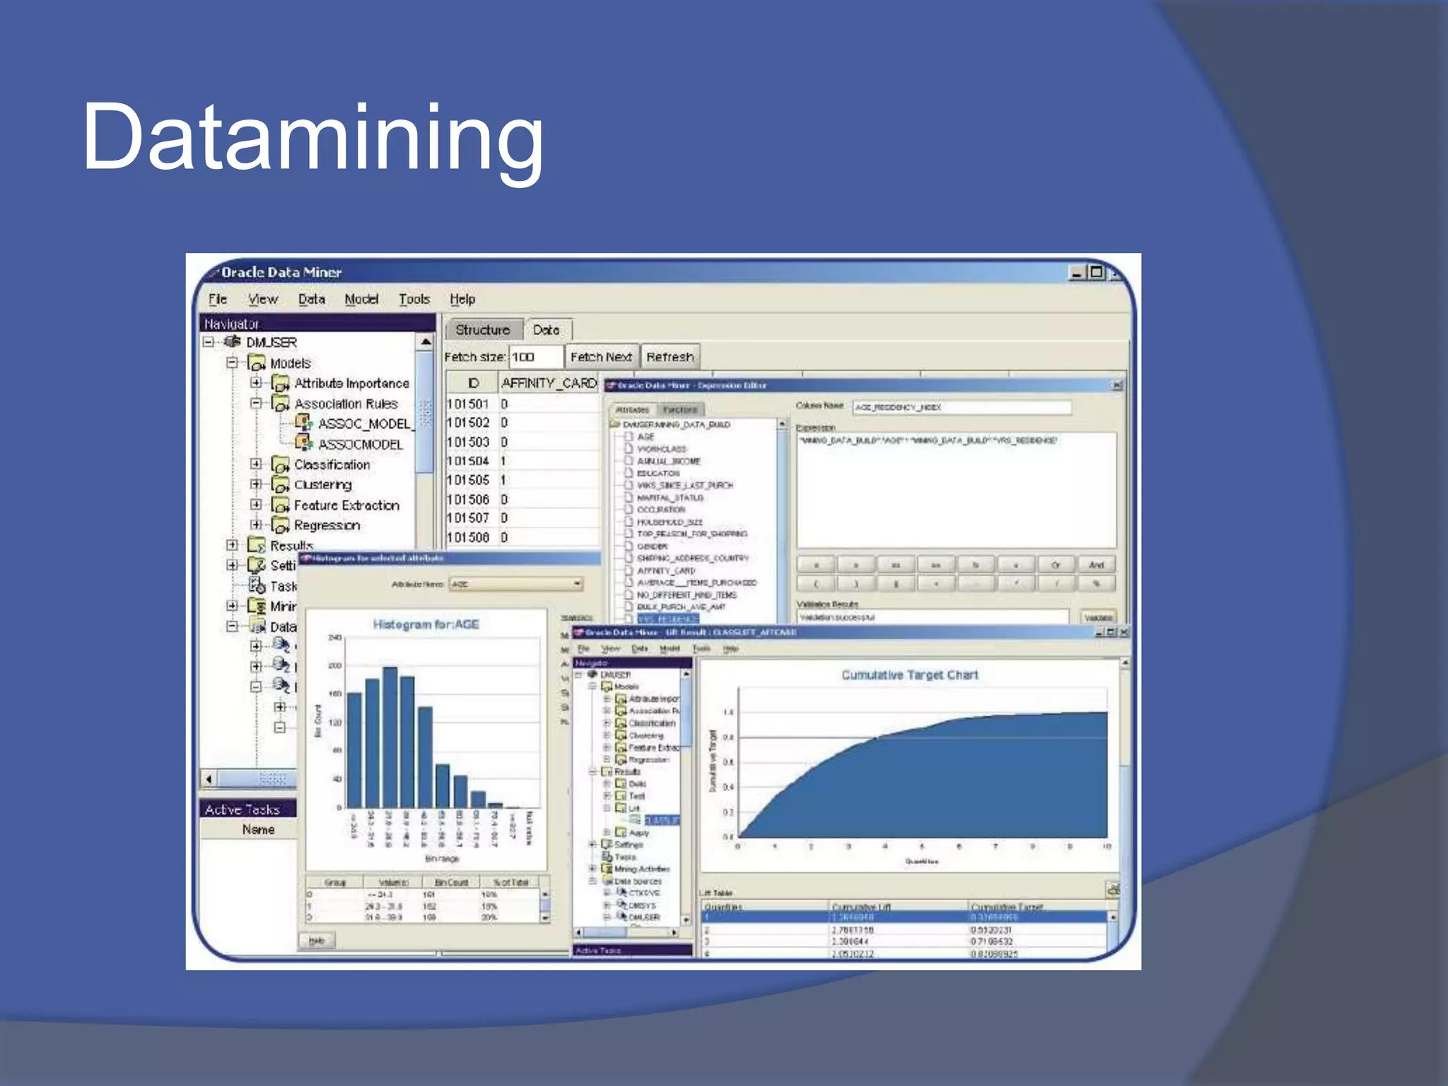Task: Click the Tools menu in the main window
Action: pos(414,299)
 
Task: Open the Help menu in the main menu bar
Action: pos(462,299)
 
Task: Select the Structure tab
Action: pos(482,329)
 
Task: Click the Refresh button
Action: pos(670,357)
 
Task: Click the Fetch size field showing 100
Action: pos(535,357)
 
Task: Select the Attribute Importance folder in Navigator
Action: pos(351,383)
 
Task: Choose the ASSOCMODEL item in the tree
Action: pos(360,444)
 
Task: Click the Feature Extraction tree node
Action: pos(346,505)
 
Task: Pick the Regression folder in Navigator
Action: pos(327,525)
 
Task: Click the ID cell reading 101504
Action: pos(468,461)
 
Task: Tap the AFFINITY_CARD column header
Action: pos(549,383)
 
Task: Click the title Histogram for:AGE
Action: pos(426,624)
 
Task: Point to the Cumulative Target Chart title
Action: pos(909,675)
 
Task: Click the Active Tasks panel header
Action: pos(243,810)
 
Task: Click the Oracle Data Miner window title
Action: pos(281,272)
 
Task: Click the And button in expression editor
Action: pos(1096,565)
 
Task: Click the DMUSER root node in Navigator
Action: pos(271,342)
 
